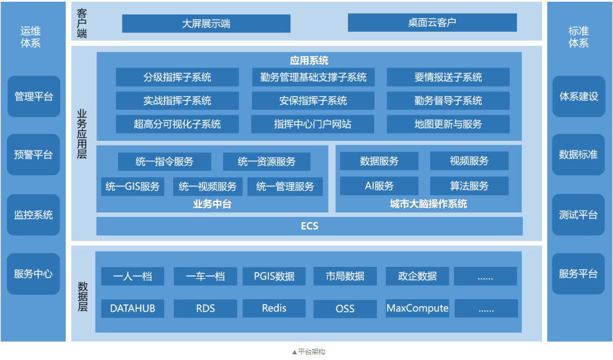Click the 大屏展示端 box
[206, 23]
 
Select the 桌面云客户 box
[432, 22]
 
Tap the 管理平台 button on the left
[33, 97]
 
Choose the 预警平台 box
[33, 154]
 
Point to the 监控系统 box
[33, 215]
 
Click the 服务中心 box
[33, 274]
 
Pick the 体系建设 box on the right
[578, 97]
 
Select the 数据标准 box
[578, 154]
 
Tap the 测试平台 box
[578, 215]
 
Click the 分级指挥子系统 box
[177, 77]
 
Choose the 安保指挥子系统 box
[313, 101]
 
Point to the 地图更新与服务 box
[448, 124]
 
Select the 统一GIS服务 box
[132, 187]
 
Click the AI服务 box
[379, 186]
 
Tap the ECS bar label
[309, 226]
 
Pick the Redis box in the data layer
[274, 308]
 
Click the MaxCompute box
[417, 308]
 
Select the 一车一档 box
[205, 277]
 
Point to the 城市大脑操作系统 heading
[429, 204]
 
